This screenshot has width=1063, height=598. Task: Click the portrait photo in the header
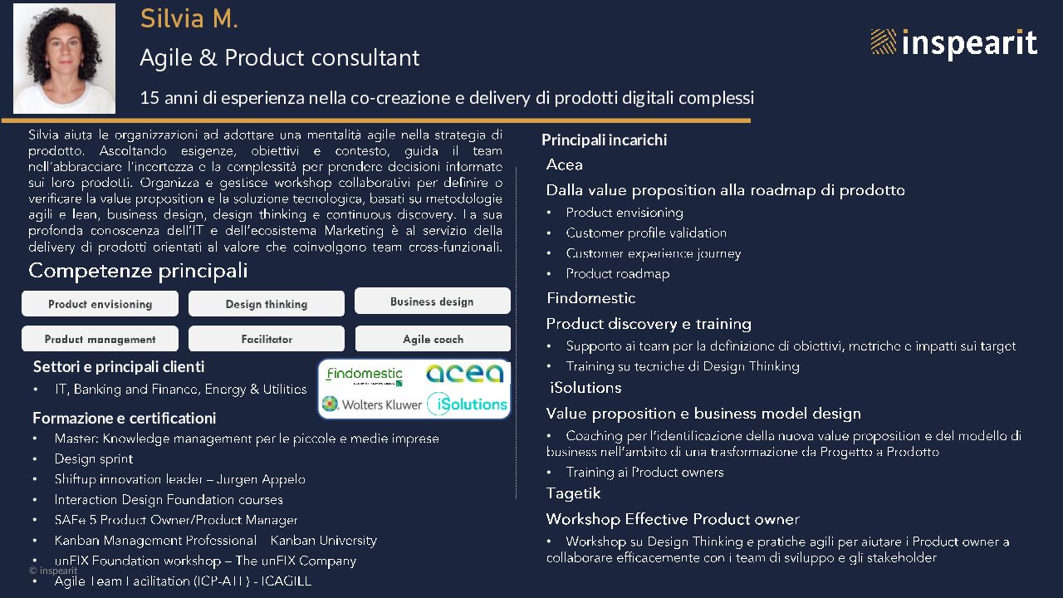64,58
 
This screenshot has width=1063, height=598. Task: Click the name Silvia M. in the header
189,19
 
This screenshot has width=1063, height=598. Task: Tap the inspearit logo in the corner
954,43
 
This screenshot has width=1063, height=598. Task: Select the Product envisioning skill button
100,304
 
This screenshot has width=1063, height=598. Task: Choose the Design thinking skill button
267,304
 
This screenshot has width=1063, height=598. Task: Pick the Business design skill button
433,301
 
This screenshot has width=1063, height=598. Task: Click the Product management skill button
100,339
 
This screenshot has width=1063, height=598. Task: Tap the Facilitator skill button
267,339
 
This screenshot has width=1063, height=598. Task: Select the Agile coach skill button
433,339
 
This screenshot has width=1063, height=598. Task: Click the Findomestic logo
365,375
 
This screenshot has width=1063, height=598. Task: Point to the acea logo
464,374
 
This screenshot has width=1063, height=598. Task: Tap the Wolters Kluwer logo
371,404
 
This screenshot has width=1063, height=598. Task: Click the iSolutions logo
467,404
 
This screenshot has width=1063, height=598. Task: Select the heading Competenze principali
138,271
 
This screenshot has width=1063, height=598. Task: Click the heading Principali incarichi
604,140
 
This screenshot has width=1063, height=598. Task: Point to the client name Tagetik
573,493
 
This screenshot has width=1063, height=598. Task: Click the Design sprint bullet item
94,459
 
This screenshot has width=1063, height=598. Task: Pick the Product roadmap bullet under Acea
617,274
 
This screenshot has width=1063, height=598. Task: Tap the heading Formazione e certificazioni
125,418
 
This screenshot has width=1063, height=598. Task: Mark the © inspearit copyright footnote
53,571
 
